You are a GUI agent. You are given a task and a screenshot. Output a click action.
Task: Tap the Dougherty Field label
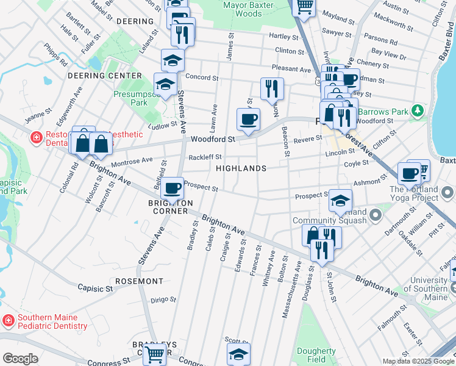(x=316, y=355)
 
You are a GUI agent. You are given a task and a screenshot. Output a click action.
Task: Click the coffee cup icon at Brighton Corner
(x=173, y=188)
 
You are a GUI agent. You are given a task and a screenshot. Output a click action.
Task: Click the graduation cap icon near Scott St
(x=238, y=353)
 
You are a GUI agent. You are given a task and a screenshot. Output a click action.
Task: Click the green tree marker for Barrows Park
(x=417, y=111)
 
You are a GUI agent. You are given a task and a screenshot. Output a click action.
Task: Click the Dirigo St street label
(x=163, y=300)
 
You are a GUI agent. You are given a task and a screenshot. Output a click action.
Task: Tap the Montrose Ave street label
(x=132, y=160)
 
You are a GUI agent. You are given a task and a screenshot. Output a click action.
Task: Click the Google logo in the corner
(x=20, y=359)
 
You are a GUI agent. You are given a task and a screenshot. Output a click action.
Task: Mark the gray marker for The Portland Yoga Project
(x=448, y=193)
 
